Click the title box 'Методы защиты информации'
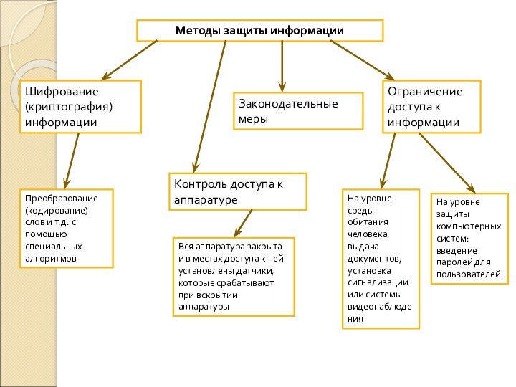pos(260,31)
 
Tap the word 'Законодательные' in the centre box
pos(288,104)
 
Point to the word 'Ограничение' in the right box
pos(425,92)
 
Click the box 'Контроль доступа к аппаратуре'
pos(237,191)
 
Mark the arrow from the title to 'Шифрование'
pos(129,59)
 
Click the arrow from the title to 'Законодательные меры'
pos(282,64)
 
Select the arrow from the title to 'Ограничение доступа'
pos(362,59)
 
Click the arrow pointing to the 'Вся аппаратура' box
pos(242,223)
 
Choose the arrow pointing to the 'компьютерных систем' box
pos(446,161)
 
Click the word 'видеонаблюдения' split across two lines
pos(379,307)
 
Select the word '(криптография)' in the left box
pos(70,107)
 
